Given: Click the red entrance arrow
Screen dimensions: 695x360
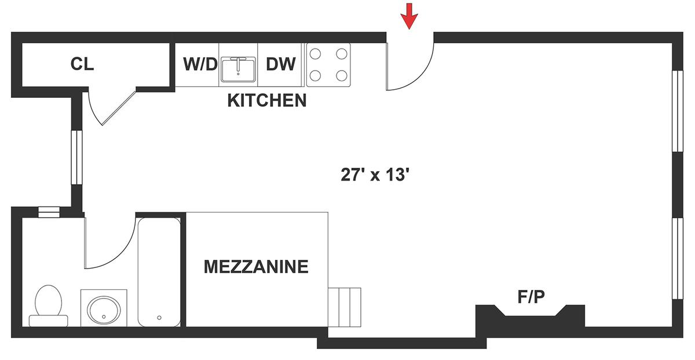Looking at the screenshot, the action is (409, 16).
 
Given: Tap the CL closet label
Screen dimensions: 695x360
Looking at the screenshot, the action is (82, 64).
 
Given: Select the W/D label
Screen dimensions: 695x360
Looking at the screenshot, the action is (200, 64).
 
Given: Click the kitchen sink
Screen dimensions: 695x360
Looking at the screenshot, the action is (238, 69).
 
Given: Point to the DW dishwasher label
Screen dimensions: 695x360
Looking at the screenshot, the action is (281, 64).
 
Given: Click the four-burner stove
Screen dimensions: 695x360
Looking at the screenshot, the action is (328, 64).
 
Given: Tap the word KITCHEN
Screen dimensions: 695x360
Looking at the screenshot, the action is (267, 101).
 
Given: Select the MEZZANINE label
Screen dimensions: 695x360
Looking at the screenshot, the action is (256, 267).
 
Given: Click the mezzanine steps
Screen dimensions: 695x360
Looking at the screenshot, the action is (345, 307).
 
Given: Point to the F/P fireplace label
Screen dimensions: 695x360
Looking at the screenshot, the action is (531, 297).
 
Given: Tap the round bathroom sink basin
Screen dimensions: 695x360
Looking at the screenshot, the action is (104, 310).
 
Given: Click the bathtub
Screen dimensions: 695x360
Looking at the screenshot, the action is (159, 272).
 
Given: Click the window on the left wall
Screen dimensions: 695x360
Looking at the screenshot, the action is (77, 158).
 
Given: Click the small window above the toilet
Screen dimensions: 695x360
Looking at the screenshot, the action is (49, 212).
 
